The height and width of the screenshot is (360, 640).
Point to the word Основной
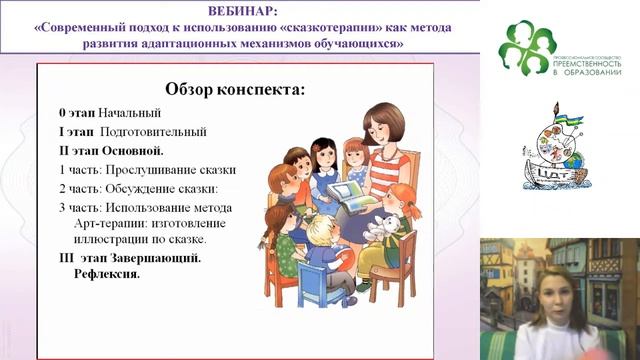click(x=134, y=151)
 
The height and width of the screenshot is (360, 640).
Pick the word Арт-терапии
click(x=110, y=225)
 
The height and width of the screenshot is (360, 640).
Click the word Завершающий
click(x=153, y=258)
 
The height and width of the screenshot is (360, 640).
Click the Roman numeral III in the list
click(x=67, y=258)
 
